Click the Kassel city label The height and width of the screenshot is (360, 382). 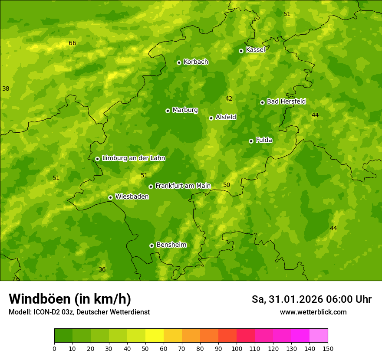255,50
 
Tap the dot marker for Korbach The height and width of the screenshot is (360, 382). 179,62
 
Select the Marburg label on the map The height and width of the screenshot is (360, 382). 185,110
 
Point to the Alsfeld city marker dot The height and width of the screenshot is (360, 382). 211,118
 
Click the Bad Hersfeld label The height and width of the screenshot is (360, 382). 286,102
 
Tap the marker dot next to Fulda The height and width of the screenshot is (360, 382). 251,141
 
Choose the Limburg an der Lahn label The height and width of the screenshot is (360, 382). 133,158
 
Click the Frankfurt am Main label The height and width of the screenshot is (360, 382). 183,186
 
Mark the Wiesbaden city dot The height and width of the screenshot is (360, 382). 110,197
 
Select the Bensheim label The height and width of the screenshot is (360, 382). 171,245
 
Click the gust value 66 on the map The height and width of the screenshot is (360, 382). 72,43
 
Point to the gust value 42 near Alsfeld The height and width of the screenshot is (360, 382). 229,99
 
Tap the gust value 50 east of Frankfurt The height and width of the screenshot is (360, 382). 227,185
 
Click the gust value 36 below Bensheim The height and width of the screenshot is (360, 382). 102,270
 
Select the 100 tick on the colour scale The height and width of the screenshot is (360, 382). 237,348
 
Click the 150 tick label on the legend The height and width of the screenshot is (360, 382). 327,348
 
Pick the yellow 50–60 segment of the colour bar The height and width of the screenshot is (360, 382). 155,336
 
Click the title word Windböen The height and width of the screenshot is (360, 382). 40,299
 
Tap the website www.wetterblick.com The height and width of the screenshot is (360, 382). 313,312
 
